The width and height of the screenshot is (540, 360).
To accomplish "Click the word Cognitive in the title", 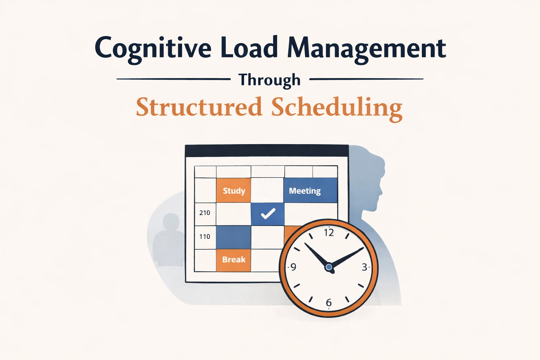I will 153,49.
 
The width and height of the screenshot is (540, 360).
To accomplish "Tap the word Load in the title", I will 249,48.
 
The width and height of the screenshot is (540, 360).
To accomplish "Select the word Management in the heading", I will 367,49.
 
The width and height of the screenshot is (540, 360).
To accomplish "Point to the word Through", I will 270,80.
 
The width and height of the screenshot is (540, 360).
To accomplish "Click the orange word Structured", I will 199,107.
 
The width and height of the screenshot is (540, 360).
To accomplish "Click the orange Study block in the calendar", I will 233,191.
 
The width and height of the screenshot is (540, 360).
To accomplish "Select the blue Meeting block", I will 310,191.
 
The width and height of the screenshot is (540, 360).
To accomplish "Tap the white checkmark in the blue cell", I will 268,213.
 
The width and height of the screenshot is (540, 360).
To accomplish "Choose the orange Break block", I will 233,260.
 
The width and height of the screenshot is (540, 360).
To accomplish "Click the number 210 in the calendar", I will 205,213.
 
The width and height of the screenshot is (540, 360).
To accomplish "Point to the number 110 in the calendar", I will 205,237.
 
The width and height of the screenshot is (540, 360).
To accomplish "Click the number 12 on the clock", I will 329,232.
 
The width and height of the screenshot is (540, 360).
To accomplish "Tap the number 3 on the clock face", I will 365,268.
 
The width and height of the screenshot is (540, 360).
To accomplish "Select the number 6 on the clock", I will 329,302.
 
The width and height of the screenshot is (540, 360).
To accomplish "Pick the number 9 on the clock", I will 293,267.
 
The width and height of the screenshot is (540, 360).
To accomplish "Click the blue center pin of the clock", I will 329,268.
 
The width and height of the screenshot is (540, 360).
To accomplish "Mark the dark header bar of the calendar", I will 266,150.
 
